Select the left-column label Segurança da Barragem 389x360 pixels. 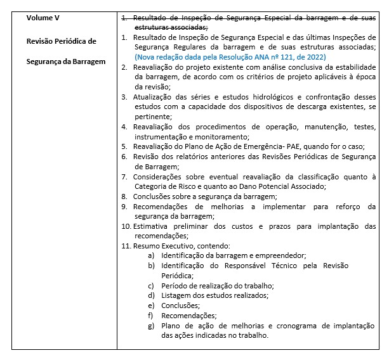[66, 61]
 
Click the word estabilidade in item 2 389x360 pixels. [353, 67]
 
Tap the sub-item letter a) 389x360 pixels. [151, 255]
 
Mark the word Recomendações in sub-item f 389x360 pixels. [188, 315]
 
